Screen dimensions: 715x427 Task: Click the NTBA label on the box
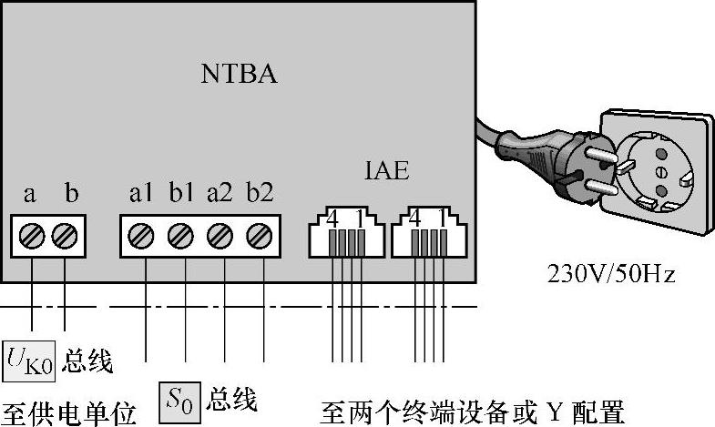239,74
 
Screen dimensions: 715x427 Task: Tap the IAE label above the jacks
385,170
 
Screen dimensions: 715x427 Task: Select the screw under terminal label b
64,236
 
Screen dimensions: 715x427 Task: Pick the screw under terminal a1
141,236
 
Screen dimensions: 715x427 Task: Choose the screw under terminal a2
220,236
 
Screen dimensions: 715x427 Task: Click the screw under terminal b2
260,236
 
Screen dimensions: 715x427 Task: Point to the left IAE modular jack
344,234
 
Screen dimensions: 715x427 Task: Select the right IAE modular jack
426,234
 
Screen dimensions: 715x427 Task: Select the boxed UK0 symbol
29,361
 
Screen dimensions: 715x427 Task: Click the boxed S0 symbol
180,398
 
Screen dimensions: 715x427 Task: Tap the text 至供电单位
68,412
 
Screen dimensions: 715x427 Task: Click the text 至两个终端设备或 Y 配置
472,412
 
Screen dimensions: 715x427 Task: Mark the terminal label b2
260,194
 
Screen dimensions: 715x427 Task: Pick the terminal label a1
141,194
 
